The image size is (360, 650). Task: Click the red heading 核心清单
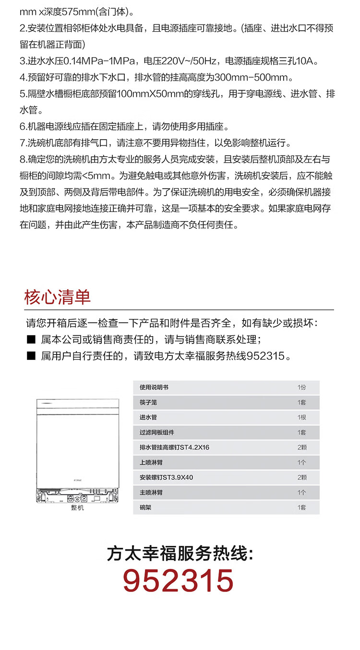[57, 297]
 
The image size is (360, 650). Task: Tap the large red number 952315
[178, 581]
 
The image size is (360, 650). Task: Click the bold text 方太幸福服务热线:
[180, 554]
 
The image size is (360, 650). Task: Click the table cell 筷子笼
[148, 402]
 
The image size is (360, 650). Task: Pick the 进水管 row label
[148, 417]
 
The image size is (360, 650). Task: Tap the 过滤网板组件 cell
[157, 432]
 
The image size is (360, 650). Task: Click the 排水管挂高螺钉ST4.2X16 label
[174, 448]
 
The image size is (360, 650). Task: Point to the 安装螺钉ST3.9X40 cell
[166, 477]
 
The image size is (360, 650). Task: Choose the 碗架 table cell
[145, 507]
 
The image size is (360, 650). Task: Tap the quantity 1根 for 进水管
[301, 417]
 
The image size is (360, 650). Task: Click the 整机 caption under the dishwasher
[77, 508]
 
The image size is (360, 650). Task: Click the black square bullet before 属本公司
[31, 340]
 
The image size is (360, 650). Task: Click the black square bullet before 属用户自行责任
[31, 356]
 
